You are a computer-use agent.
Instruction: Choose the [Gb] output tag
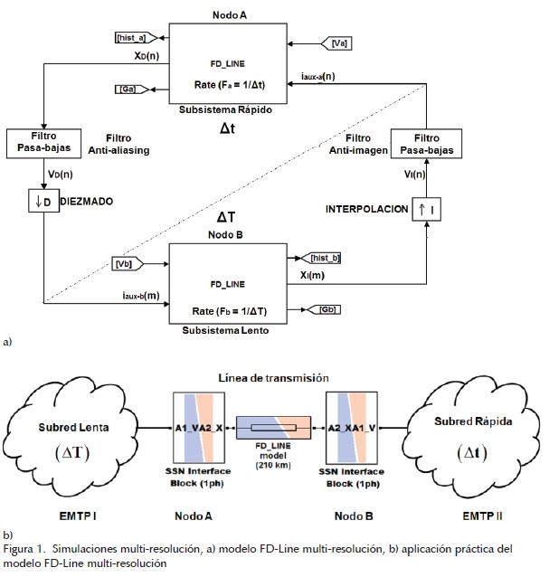pos(329,311)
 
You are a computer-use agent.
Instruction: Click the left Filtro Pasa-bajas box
pos(44,142)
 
